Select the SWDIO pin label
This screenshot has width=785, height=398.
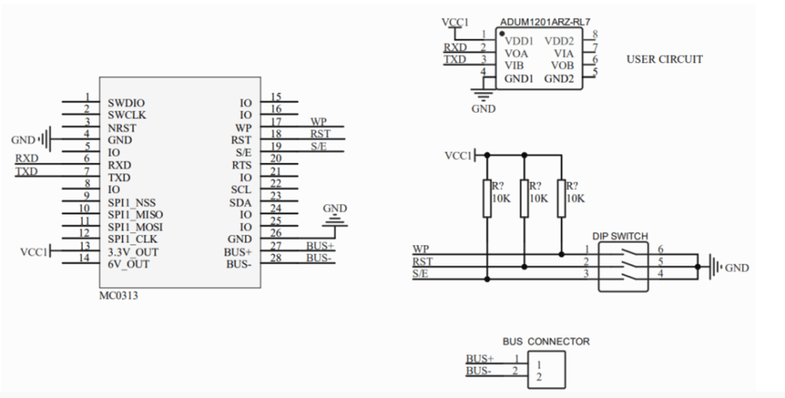point(126,103)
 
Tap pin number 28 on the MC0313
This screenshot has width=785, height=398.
point(276,258)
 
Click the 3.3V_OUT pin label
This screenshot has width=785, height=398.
point(133,252)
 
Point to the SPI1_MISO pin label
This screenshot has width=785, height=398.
point(136,215)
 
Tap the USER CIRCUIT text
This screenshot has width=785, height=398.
point(664,59)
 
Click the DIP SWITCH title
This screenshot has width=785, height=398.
point(620,237)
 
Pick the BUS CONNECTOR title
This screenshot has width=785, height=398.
point(546,341)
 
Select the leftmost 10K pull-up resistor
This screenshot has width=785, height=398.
point(487,198)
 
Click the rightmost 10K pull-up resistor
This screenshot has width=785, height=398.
point(561,198)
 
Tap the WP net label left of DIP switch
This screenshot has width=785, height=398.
point(420,249)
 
